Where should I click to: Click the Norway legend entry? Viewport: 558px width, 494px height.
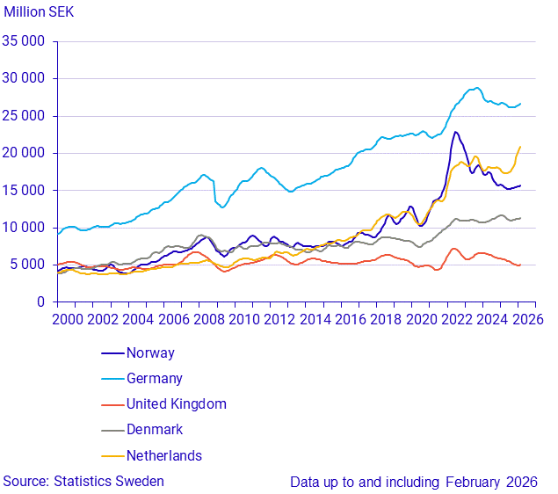150,353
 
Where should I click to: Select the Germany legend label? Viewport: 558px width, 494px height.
155,379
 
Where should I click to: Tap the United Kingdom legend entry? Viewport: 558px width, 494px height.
176,404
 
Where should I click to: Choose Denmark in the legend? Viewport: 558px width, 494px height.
155,430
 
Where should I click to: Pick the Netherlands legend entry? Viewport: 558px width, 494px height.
163,455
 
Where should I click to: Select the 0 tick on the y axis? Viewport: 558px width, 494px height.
41,301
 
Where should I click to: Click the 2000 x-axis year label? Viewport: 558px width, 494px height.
67,319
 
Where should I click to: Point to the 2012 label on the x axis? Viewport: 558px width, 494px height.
280,319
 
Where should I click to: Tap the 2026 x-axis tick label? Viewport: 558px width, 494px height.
529,319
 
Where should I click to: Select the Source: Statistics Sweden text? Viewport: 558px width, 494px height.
83,481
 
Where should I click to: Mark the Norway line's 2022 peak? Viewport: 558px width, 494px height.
455,133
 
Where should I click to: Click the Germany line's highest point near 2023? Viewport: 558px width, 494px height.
476,88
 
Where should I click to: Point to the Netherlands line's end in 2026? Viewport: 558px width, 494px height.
520,147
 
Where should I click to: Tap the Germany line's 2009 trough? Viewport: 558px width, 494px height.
222,207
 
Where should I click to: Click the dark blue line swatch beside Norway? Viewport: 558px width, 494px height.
112,353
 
